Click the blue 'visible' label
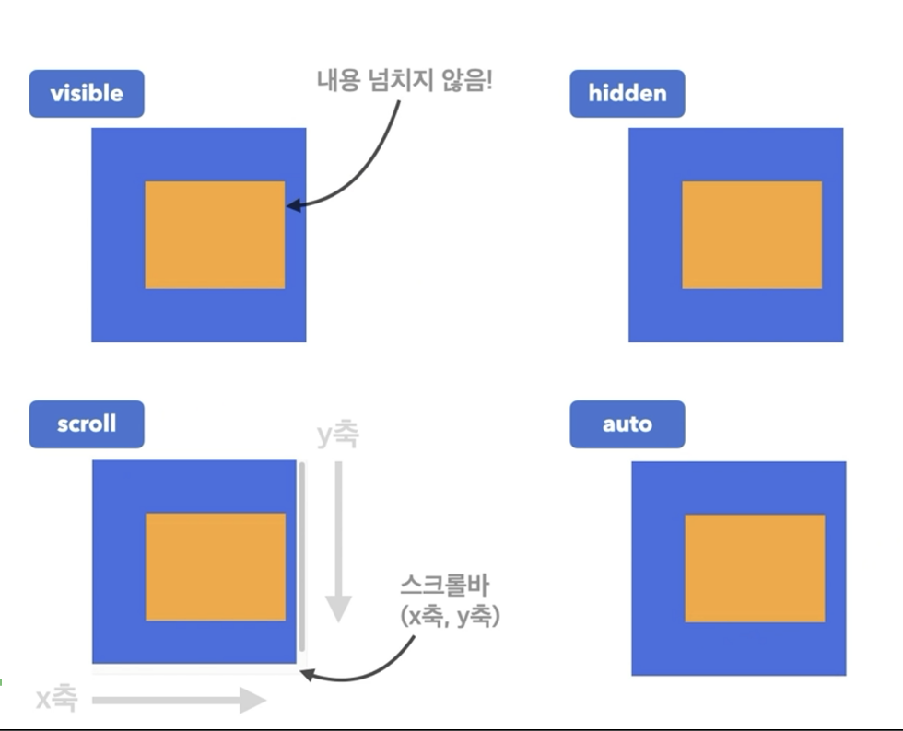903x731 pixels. click(87, 94)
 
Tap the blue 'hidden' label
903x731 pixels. click(627, 94)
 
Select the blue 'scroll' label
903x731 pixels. click(87, 424)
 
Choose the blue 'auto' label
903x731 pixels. click(627, 424)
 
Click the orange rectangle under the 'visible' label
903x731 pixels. click(215, 235)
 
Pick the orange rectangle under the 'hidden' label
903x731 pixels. click(752, 235)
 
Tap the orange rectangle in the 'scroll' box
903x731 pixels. click(216, 567)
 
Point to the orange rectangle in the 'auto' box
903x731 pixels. click(755, 568)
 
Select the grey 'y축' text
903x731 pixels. click(337, 435)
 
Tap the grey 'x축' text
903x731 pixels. click(57, 700)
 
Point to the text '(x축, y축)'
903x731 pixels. click(450, 616)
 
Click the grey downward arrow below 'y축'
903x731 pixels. click(338, 543)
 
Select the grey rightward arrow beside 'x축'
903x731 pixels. click(180, 701)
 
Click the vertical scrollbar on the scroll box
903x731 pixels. click(301, 562)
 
